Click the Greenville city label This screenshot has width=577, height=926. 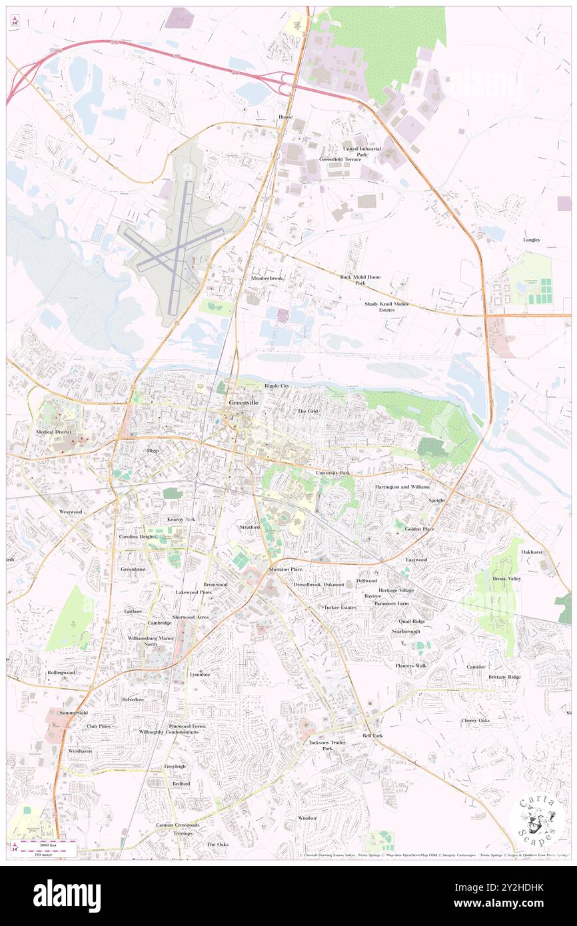tap(243, 404)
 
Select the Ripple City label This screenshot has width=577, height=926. tap(277, 386)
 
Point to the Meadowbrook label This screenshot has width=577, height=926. tap(267, 277)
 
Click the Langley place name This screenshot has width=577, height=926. tap(531, 240)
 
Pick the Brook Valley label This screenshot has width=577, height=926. tap(506, 578)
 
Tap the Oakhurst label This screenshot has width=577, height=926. tap(532, 552)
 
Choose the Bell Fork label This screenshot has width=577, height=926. tap(372, 735)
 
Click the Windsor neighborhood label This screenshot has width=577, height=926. tap(307, 817)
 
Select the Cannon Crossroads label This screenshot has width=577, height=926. tap(177, 825)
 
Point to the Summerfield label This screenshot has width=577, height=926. tap(73, 713)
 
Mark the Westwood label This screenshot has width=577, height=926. tap(71, 512)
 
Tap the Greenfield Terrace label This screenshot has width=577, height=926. tap(340, 159)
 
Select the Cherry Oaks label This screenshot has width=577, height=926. tap(475, 720)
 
